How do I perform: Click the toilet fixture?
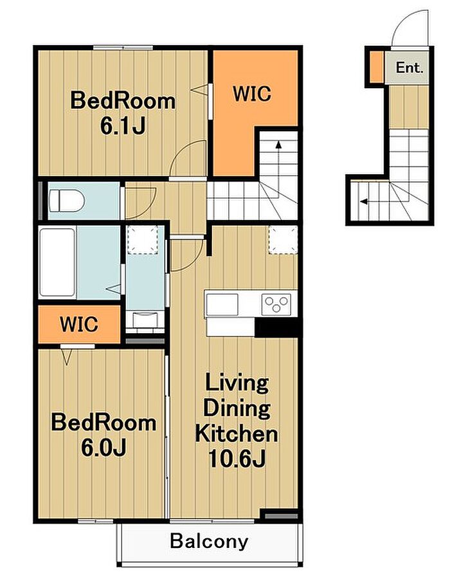pyautogui.click(x=67, y=201)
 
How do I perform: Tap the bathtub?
pyautogui.click(x=57, y=262)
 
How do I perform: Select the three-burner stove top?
pyautogui.click(x=276, y=304)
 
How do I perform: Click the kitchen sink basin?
pyautogui.click(x=222, y=304)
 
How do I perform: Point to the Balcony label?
pyautogui.click(x=209, y=542)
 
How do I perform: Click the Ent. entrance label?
pyautogui.click(x=410, y=68)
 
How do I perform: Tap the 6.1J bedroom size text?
pyautogui.click(x=123, y=126)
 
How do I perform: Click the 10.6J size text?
pyautogui.click(x=237, y=458)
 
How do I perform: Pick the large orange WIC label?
pyautogui.click(x=252, y=93)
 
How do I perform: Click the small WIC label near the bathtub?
pyautogui.click(x=79, y=324)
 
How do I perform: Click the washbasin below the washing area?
pyautogui.click(x=145, y=320)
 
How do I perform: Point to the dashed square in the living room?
pyautogui.click(x=283, y=240)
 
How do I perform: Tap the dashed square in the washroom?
pyautogui.click(x=143, y=240)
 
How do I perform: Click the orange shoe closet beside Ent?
pyautogui.click(x=376, y=67)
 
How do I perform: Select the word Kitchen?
pyautogui.click(x=237, y=434)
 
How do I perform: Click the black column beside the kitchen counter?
pyautogui.click(x=276, y=327)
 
